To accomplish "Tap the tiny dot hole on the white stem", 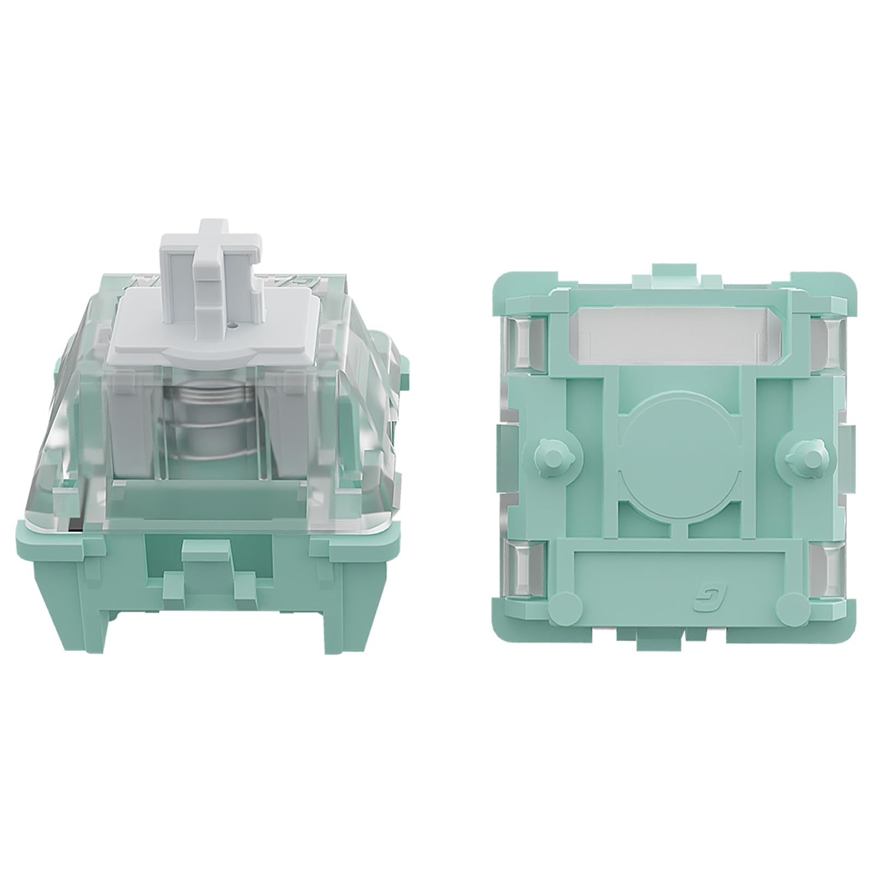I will pyautogui.click(x=234, y=324).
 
